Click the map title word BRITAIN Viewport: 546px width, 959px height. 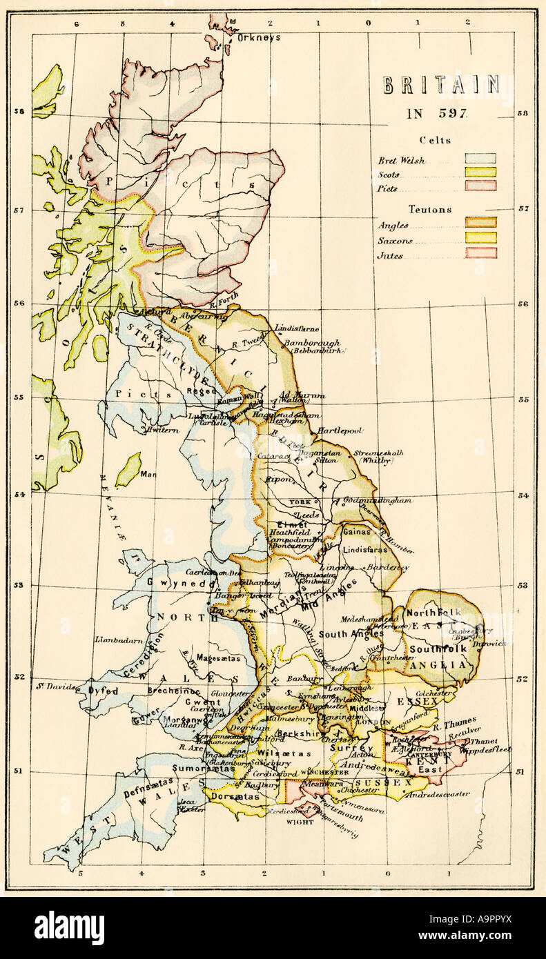pos(440,86)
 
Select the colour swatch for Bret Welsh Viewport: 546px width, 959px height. pos(480,159)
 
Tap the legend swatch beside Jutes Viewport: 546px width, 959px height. pos(480,253)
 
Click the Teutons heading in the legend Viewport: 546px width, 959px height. pos(430,209)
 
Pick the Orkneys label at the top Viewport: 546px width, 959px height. pos(258,37)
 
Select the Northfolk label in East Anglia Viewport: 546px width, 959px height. pos(430,613)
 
